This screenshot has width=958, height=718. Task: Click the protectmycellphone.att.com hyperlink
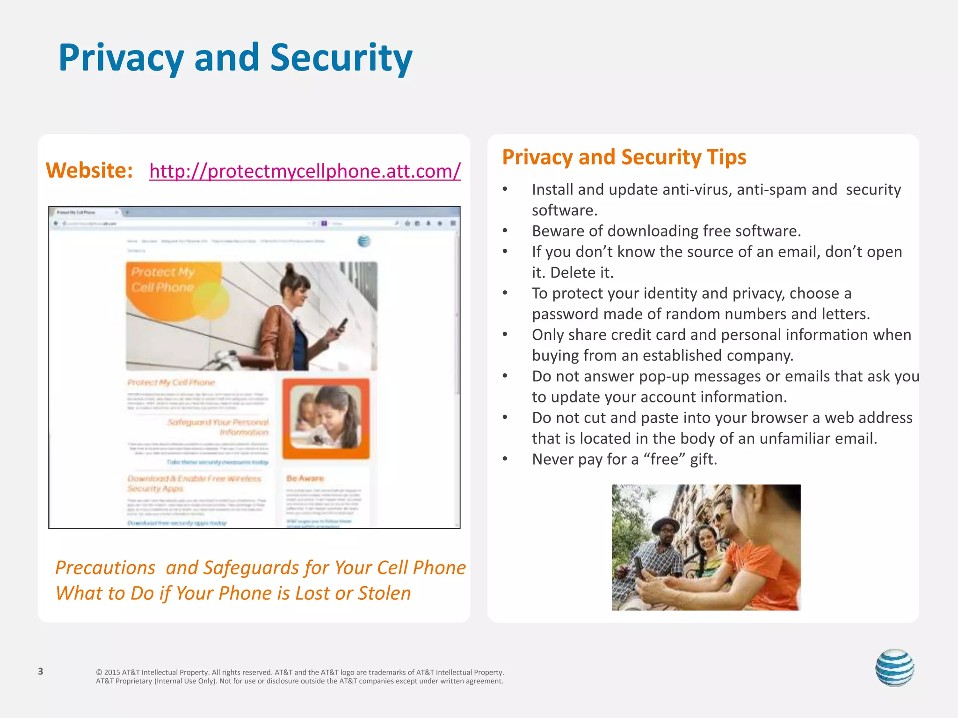tap(305, 171)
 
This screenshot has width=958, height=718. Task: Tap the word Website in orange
tap(89, 170)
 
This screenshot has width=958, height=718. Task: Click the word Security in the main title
tap(341, 58)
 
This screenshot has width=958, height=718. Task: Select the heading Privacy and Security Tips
tap(624, 157)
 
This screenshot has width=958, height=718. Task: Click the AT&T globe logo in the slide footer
tap(894, 668)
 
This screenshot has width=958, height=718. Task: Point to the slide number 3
tap(41, 671)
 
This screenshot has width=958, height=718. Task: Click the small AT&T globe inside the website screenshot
tap(363, 241)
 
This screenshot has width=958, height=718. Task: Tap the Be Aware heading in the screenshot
tap(305, 478)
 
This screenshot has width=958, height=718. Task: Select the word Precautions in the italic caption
tap(105, 568)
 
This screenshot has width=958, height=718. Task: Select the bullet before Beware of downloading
tap(505, 231)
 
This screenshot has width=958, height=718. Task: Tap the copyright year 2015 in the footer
tap(112, 673)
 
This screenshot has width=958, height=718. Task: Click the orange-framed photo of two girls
tap(326, 418)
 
